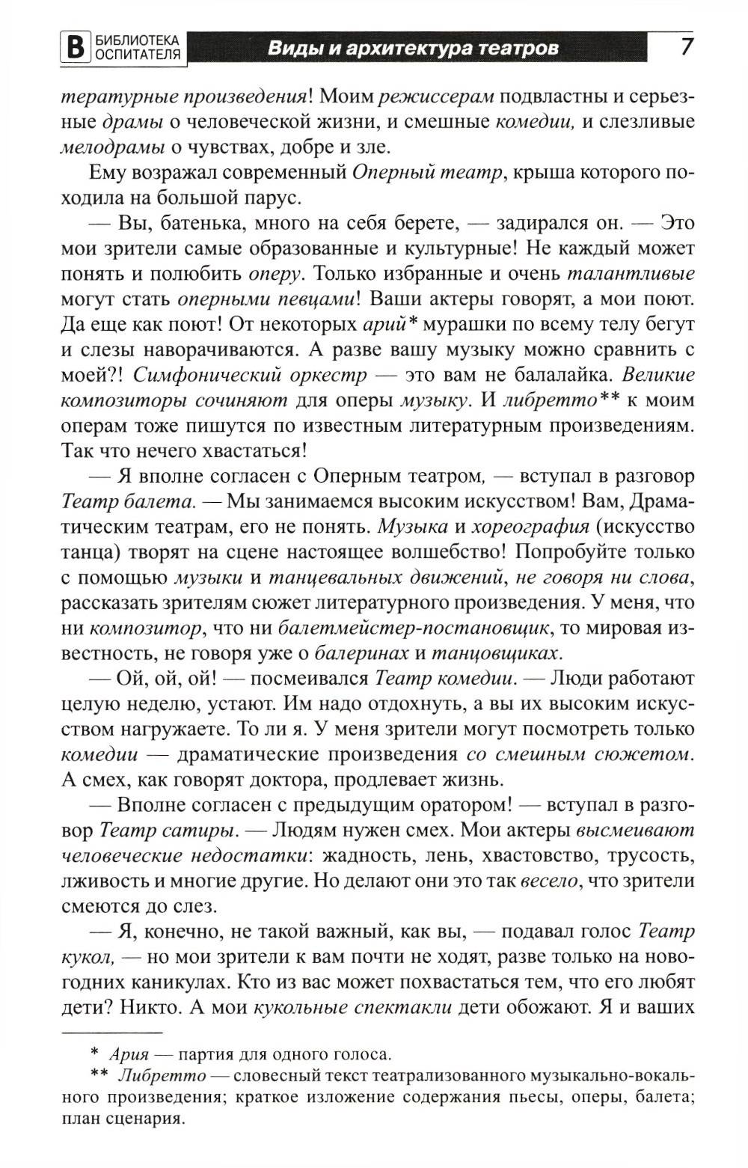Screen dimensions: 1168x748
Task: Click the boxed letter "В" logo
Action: pos(73,48)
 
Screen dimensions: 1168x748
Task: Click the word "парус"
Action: pos(275,198)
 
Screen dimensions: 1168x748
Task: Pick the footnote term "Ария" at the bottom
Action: pos(124,1056)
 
